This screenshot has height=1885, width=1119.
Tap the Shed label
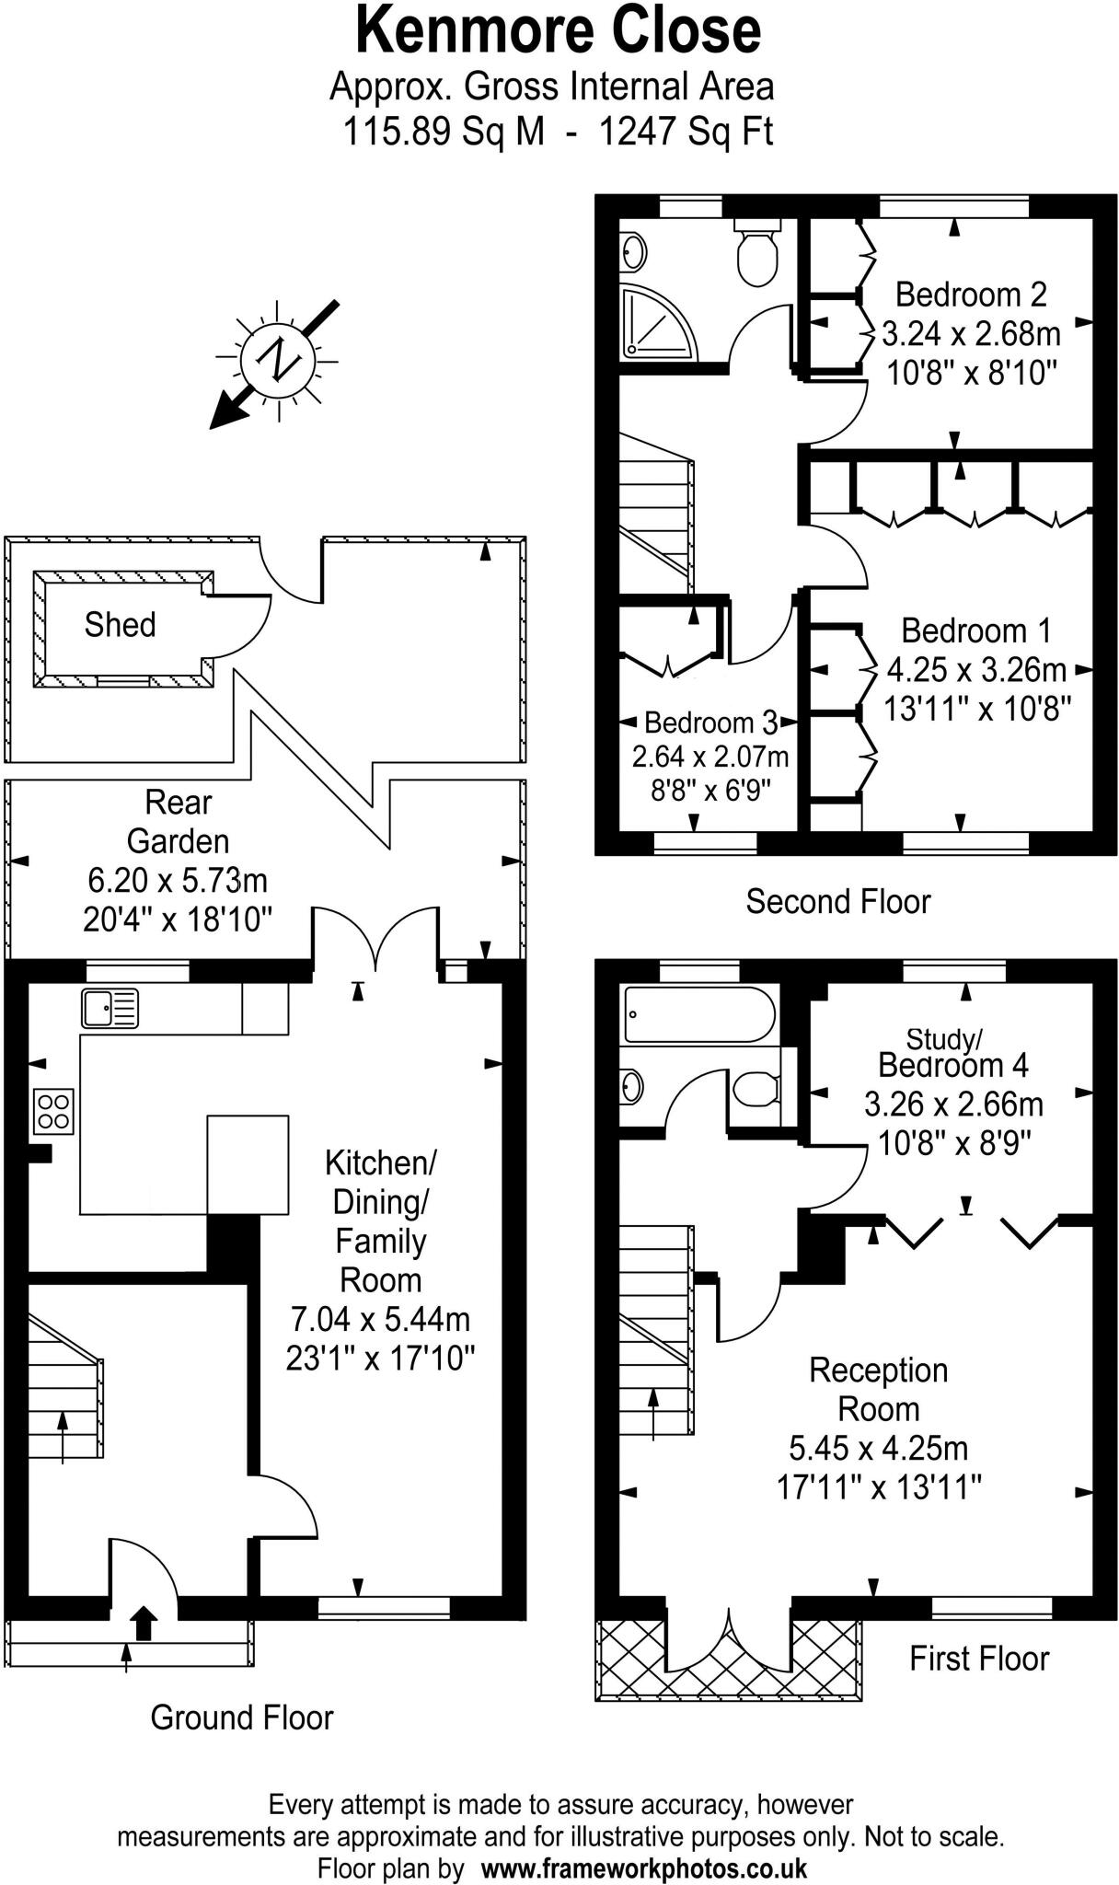coord(120,625)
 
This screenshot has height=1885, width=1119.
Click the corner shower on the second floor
coord(656,323)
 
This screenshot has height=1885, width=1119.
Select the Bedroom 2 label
coord(971,295)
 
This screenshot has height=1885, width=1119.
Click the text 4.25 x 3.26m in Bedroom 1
coord(976,669)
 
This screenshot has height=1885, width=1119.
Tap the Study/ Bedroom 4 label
coord(952,1054)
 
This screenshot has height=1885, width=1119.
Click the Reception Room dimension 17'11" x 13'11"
coord(879,1486)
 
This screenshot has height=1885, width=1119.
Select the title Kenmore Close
coord(558,29)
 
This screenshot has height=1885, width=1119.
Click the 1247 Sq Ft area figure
coord(686,132)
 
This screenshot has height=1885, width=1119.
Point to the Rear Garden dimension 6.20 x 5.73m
coord(178,880)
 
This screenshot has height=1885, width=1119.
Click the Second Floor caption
coord(837,901)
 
